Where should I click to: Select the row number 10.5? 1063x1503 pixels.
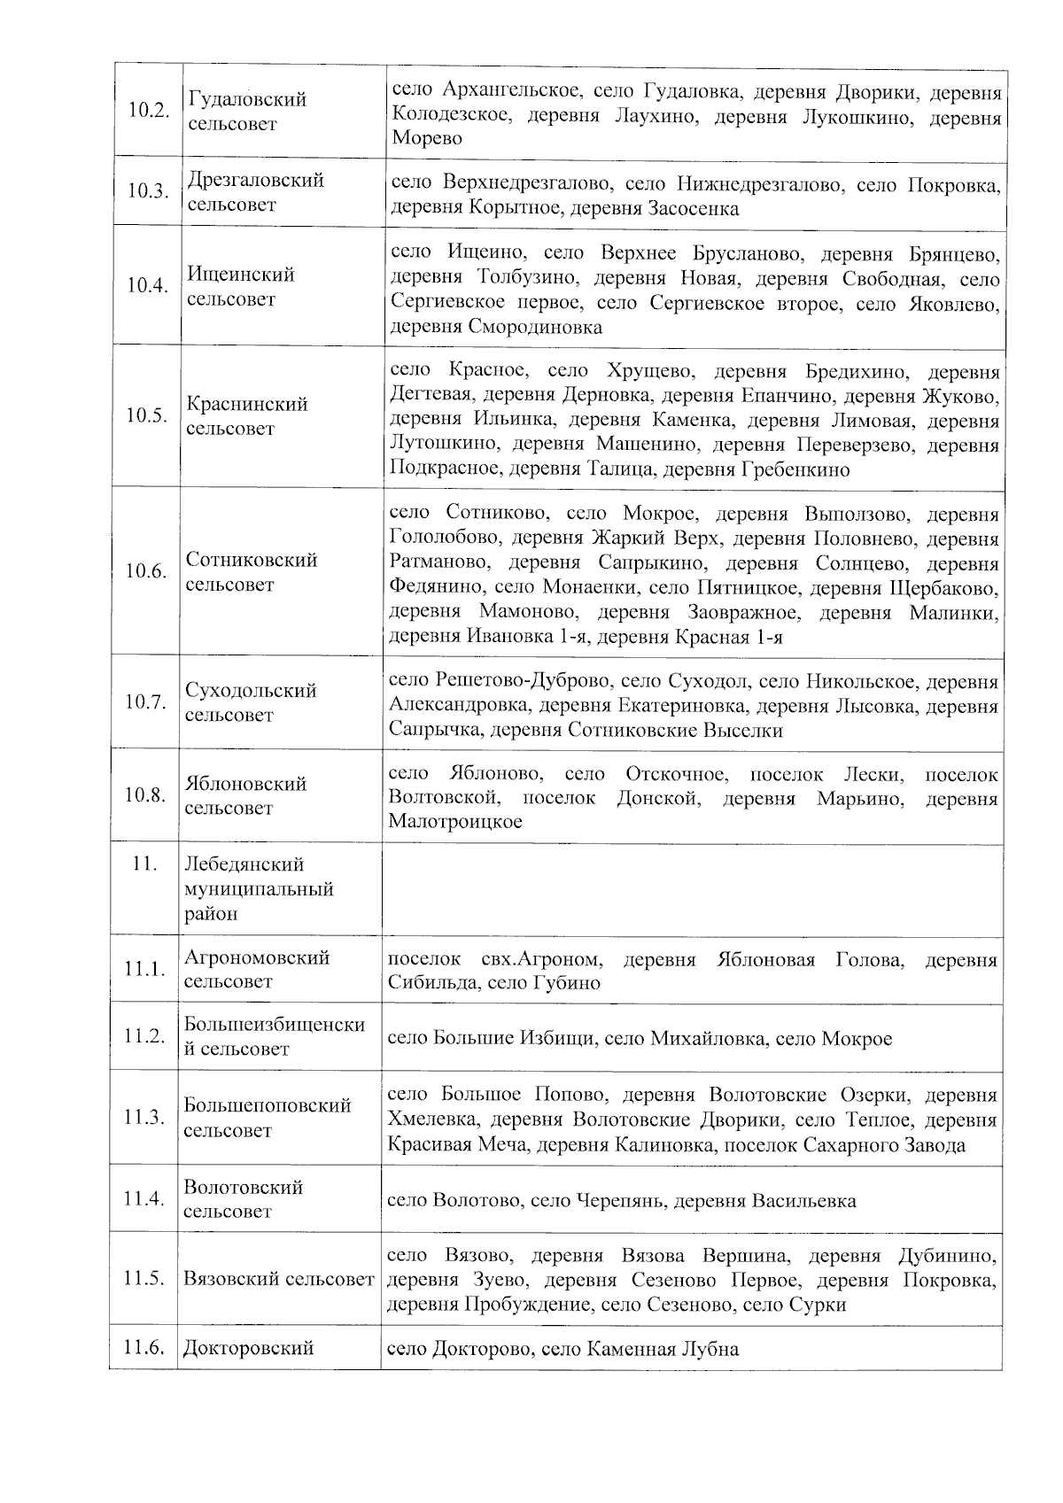pos(147,416)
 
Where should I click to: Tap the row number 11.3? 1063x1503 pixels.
pos(144,1118)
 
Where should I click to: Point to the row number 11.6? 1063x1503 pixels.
pos(144,1349)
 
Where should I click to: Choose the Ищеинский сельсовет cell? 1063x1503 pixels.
pos(241,287)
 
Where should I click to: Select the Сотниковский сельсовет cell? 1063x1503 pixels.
pos(251,572)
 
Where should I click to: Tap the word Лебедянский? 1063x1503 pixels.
pos(244,864)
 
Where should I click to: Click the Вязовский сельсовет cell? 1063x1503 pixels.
pos(278,1280)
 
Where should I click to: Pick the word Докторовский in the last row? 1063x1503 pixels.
pos(249,1349)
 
